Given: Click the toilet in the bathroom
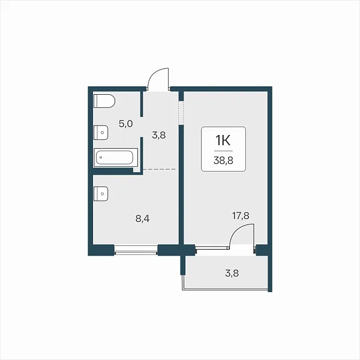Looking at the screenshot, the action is [104, 101].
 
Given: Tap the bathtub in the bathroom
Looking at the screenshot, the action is [116, 157].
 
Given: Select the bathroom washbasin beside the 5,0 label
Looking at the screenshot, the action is [101, 133].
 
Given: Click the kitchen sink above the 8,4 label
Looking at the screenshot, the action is [101, 194].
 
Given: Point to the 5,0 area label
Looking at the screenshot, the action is [125, 124].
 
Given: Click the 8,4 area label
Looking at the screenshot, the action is [142, 219].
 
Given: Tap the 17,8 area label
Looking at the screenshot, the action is [241, 216].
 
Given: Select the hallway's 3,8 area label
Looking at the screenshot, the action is [158, 135].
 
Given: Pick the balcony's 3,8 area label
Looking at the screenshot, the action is [232, 274].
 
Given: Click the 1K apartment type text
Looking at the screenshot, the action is [223, 140].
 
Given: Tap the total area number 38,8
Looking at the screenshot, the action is [223, 160].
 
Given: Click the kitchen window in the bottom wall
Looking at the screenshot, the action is [136, 250].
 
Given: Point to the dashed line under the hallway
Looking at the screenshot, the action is [160, 169].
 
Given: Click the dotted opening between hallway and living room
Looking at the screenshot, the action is [181, 113].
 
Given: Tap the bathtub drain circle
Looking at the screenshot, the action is [101, 157].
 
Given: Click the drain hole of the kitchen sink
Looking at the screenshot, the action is [103, 194].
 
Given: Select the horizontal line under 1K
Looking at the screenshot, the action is [223, 151].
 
